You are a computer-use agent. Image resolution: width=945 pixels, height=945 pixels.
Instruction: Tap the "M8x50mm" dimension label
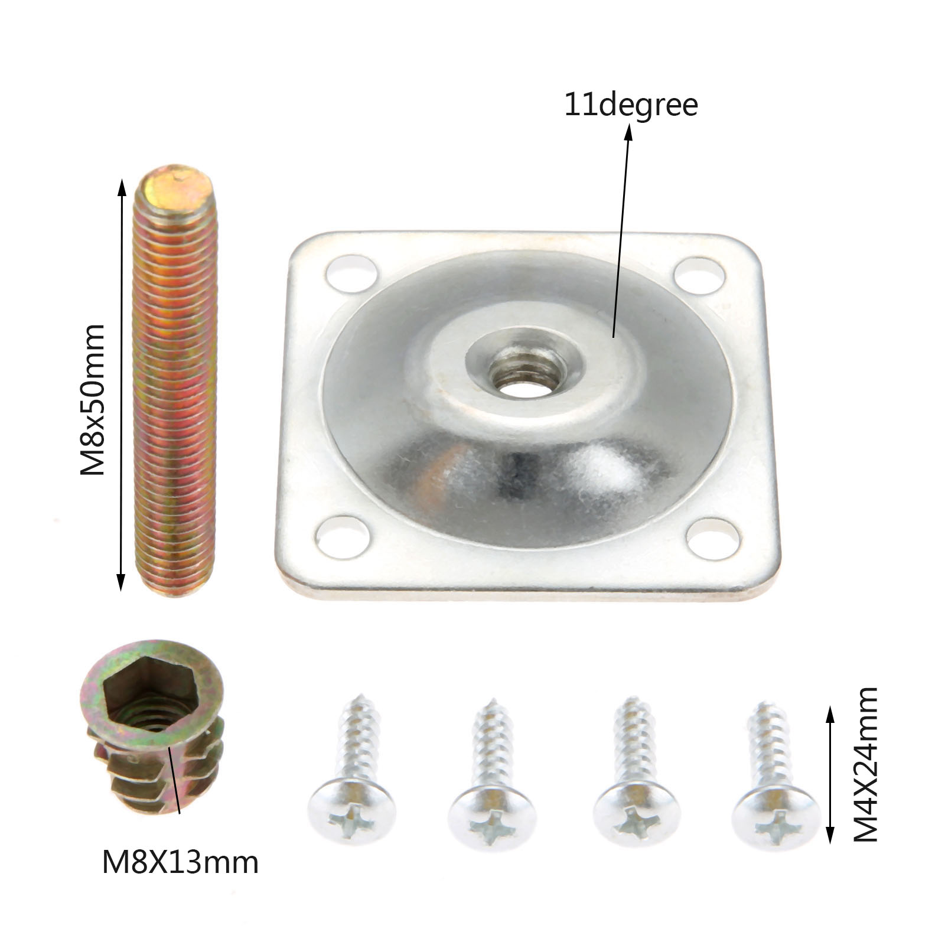click(93, 400)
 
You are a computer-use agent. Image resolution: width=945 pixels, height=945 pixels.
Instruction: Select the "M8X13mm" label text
click(180, 863)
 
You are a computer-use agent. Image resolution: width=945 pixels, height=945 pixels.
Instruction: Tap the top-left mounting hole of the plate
click(351, 273)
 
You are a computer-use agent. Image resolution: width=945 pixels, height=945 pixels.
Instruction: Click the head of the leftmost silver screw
click(352, 811)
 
